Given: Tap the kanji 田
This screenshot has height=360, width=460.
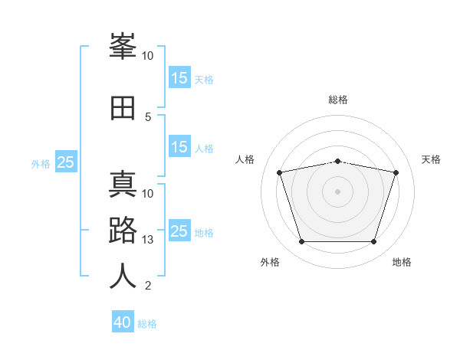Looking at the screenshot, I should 123,108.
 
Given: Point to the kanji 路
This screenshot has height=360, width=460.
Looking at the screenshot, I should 123,231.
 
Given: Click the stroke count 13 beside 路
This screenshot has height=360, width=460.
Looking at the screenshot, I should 148,240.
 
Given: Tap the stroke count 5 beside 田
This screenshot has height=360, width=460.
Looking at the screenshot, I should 148,116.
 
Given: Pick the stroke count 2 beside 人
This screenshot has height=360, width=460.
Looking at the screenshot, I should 148,286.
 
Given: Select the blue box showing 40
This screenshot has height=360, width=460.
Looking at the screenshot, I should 123,322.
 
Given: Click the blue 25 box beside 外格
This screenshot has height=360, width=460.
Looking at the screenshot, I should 66,162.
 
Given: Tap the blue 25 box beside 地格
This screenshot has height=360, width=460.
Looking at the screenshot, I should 179,231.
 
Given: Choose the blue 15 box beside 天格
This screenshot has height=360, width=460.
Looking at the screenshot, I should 179,78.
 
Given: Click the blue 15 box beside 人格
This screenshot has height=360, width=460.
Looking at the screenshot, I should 179,147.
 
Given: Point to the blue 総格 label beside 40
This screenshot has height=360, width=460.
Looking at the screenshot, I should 147,324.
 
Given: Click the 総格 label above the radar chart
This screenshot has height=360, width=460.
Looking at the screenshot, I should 338,100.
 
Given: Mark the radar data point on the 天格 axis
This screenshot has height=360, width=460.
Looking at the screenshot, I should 396,173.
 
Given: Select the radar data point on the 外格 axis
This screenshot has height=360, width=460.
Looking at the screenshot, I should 301,242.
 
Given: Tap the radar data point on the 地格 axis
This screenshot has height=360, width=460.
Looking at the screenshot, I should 373,242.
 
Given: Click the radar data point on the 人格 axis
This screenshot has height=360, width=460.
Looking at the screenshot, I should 280,173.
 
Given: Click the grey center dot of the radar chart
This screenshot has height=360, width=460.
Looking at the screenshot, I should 337,191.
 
